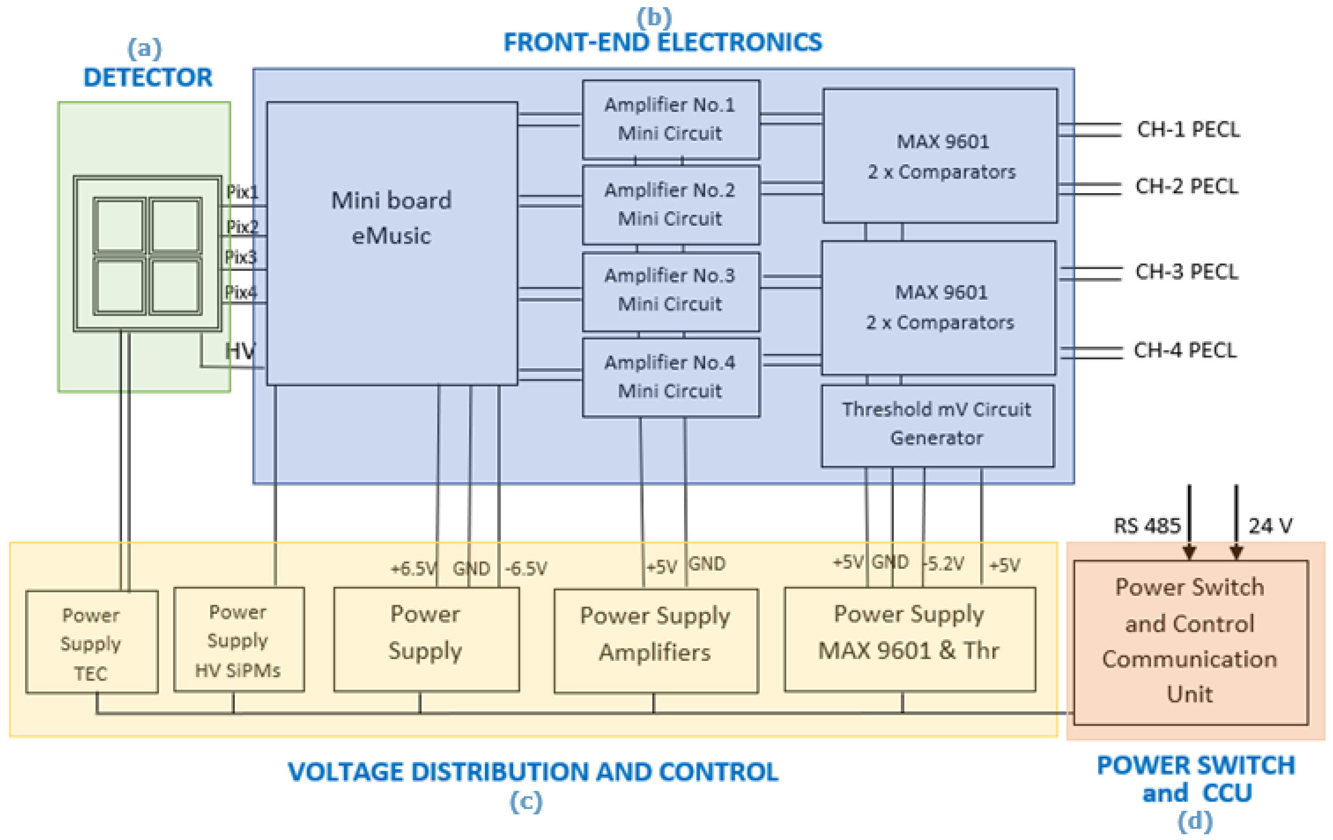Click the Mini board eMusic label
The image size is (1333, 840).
(391, 218)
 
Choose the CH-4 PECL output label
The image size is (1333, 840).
(1185, 350)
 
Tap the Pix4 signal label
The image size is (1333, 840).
(241, 292)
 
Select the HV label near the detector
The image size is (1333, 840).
(240, 351)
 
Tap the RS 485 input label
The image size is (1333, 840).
(1147, 525)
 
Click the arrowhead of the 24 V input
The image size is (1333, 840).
(1236, 553)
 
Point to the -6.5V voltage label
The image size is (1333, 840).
(526, 568)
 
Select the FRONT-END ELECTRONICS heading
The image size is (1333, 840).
(662, 43)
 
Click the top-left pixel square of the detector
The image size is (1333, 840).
(120, 225)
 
